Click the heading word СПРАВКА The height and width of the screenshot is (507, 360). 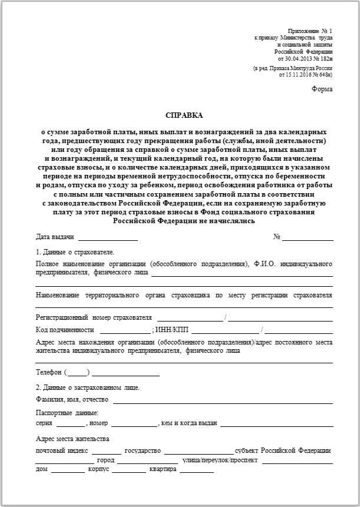pyautogui.click(x=184, y=115)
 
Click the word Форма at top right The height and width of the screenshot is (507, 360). pyautogui.click(x=322, y=89)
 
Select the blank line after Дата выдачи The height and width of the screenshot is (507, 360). pyautogui.click(x=108, y=239)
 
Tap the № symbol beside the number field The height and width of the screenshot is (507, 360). pyautogui.click(x=276, y=237)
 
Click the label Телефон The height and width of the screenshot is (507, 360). pyautogui.click(x=49, y=372)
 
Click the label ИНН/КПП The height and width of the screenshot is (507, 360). pyautogui.click(x=172, y=330)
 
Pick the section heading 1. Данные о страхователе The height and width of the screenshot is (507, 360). pyautogui.click(x=75, y=252)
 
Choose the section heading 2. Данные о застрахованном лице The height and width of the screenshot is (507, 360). pyautogui.click(x=88, y=387)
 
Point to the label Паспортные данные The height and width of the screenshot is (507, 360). pyautogui.click(x=67, y=413)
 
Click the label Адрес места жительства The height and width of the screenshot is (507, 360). pyautogui.click(x=72, y=439)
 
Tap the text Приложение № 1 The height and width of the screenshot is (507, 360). pyautogui.click(x=310, y=30)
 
